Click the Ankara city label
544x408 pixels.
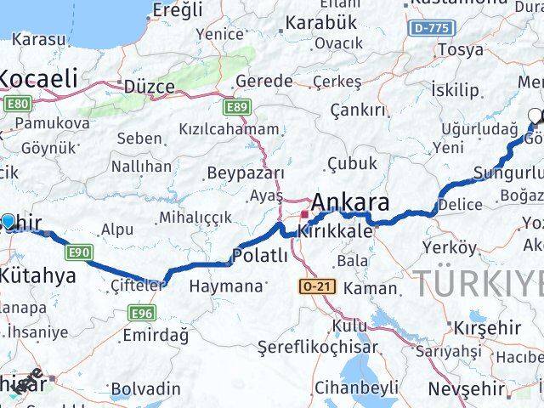tap(351, 203)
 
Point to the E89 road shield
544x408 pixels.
tap(237, 107)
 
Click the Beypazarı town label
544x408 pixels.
tap(246, 173)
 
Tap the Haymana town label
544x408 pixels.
tap(225, 286)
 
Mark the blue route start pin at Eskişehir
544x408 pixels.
tap(8, 222)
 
